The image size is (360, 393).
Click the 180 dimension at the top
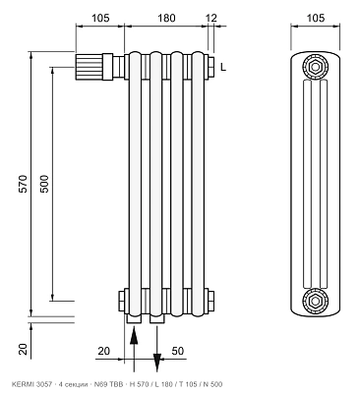[166, 18]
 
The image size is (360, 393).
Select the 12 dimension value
[212, 18]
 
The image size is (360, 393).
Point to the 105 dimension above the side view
[316, 18]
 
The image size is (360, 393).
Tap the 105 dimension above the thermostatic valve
[100, 18]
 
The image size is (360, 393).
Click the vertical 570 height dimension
[24, 184]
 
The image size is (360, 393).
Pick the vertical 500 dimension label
[44, 184]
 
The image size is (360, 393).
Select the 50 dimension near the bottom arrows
[178, 351]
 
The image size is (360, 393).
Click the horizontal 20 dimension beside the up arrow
[104, 351]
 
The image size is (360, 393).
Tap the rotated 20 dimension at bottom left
[24, 349]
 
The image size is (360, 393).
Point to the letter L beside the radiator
[223, 67]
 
